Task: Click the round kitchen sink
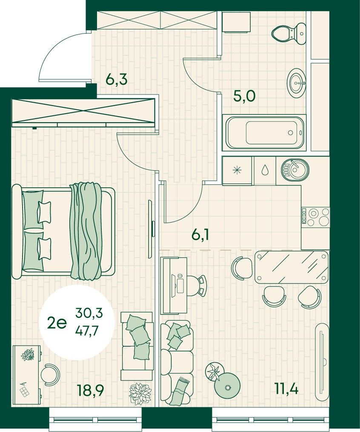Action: (295, 169)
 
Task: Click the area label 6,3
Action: (117, 80)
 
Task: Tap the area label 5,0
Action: (245, 97)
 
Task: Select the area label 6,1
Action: (200, 235)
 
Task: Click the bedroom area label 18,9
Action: (91, 390)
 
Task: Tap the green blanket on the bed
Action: (86, 230)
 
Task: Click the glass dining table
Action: (291, 267)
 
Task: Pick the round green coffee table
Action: (227, 387)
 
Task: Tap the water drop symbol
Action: (265, 170)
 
